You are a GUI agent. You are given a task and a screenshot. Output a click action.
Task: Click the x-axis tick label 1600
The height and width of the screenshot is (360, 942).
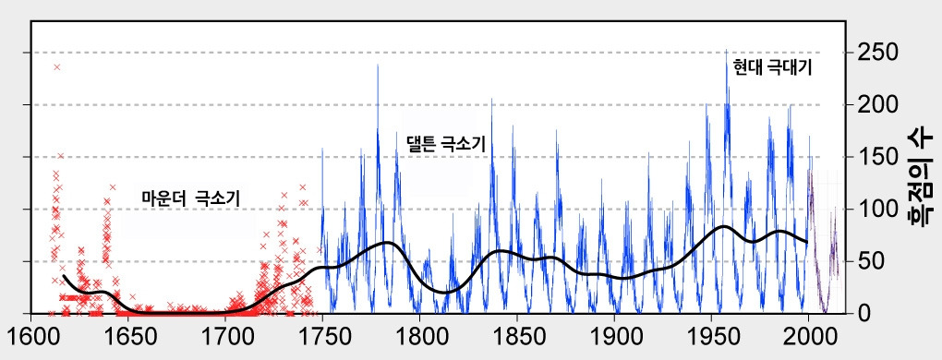[x=32, y=334]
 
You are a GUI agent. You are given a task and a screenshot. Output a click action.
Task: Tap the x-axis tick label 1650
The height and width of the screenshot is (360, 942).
[x=129, y=334]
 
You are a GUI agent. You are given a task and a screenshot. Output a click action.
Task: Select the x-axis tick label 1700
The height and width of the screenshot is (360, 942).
[x=226, y=334]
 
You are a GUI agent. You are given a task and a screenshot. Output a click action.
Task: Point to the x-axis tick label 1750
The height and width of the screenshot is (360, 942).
[x=323, y=334]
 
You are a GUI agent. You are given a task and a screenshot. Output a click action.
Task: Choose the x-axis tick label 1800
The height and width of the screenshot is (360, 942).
[x=420, y=334]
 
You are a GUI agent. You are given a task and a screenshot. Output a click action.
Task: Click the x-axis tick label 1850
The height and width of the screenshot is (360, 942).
[x=517, y=334]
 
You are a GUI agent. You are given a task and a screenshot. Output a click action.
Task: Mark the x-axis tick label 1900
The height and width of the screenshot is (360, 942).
[x=614, y=334]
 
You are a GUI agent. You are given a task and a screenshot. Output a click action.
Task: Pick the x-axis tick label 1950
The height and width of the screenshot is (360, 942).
[x=711, y=334]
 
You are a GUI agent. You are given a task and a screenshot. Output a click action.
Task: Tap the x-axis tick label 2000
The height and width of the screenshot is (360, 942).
[x=809, y=334]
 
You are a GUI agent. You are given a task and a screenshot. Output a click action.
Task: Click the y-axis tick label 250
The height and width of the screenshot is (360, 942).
[x=875, y=53]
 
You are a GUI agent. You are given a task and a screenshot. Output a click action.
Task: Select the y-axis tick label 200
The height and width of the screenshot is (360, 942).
[x=875, y=105]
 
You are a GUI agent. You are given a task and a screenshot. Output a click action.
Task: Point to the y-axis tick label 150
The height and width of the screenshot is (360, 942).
[x=875, y=157]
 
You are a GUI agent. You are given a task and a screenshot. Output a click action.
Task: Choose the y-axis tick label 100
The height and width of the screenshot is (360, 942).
[x=875, y=210]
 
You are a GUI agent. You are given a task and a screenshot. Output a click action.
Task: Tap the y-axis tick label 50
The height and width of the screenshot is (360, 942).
[x=869, y=261]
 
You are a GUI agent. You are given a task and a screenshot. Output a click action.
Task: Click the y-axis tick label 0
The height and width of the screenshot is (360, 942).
[x=863, y=314]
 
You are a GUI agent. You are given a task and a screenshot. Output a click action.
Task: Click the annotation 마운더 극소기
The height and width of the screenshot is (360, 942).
[x=196, y=198]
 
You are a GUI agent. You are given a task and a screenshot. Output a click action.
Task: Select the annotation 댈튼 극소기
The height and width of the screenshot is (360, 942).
[x=445, y=144]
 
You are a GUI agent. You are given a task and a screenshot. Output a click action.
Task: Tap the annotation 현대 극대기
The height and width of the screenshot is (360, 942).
[x=772, y=67]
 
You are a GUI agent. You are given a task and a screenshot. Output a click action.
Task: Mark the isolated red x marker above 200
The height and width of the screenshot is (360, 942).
[x=57, y=66]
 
